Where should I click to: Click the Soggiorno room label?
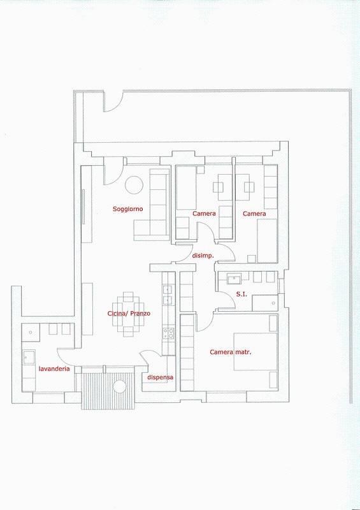coord(127,209)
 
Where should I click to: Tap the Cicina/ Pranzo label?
coord(129,314)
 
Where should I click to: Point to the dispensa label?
coord(160,377)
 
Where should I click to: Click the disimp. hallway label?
coord(202,256)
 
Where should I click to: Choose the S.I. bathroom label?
coord(241,294)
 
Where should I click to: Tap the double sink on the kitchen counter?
coord(168,293)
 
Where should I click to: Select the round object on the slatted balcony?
coord(119,386)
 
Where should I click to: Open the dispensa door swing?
coord(147,360)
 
